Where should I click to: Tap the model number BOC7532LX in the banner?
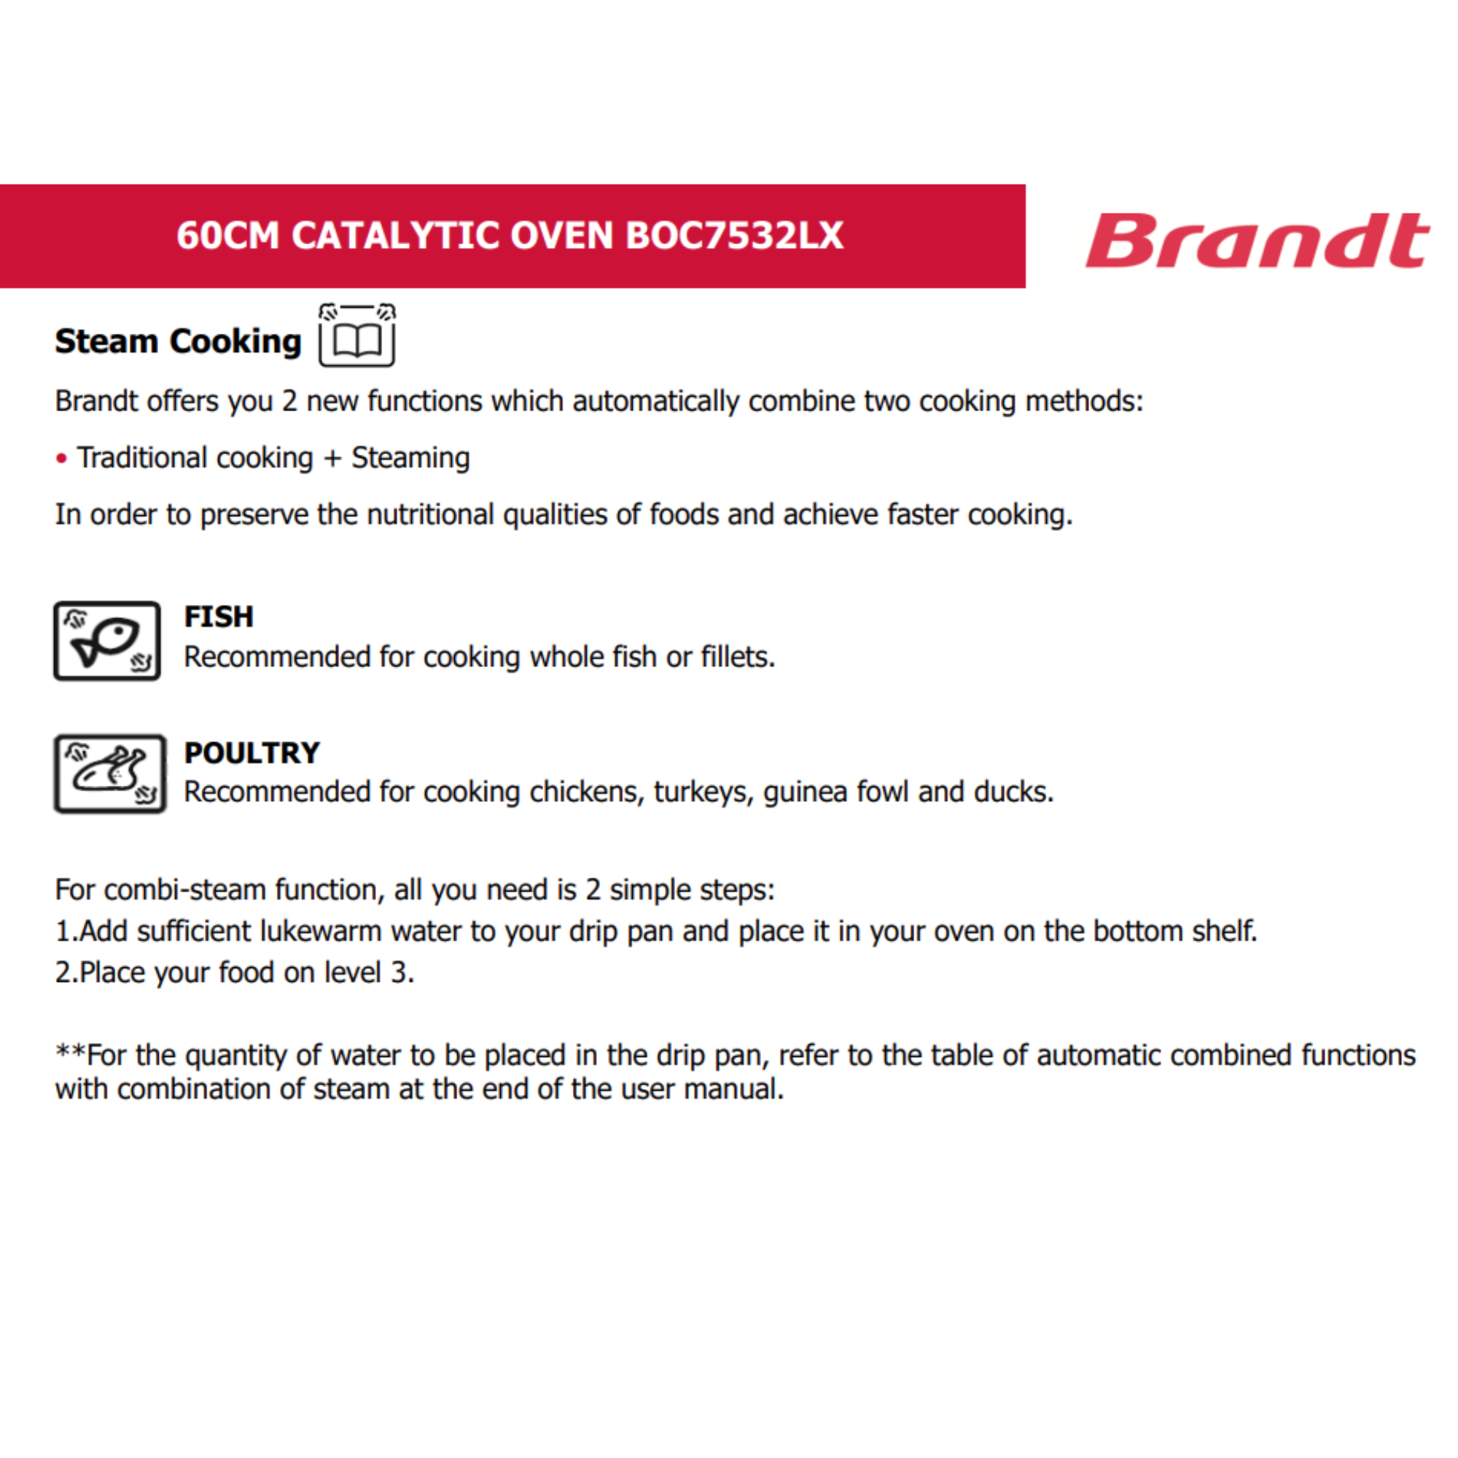(x=733, y=235)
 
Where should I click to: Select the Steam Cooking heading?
(x=178, y=342)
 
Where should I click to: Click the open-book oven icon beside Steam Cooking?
(x=357, y=337)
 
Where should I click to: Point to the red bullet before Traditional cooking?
(x=62, y=458)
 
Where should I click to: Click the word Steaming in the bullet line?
(x=410, y=458)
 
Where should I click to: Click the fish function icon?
(x=107, y=641)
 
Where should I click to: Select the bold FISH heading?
(x=219, y=617)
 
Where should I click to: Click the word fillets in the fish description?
(x=735, y=657)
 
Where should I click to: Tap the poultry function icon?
(x=109, y=773)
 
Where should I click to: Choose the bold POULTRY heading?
(x=252, y=752)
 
